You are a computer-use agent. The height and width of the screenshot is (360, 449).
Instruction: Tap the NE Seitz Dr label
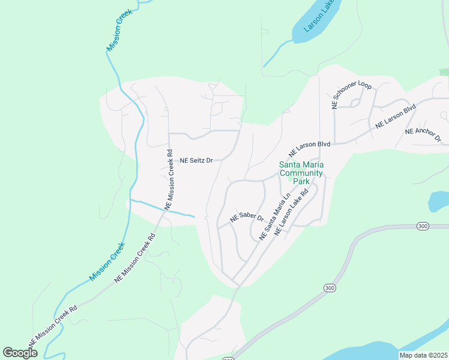197,161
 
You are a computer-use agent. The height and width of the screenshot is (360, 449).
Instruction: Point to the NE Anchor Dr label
423,135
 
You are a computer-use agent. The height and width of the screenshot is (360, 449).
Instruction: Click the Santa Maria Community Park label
301,173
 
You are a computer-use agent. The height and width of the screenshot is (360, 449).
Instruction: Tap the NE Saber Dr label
247,217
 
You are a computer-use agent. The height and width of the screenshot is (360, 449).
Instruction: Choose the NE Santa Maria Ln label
275,217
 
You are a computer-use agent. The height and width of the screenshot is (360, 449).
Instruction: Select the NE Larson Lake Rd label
291,212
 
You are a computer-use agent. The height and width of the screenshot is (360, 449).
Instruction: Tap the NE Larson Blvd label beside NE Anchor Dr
396,117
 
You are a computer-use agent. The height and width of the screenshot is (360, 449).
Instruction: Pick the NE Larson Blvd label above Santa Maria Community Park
309,149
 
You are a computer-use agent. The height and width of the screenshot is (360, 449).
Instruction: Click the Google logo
20,353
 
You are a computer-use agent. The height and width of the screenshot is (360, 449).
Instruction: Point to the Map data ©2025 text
423,355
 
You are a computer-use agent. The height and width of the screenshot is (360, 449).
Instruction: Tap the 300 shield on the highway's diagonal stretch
329,289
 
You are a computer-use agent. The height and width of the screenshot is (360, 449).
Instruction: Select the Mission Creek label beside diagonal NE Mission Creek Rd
107,261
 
